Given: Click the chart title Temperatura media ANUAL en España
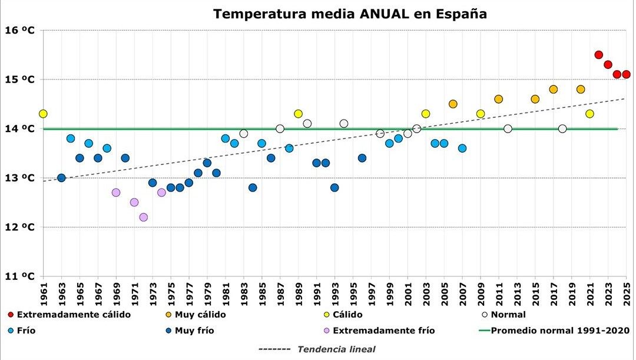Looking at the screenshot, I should coord(350,14).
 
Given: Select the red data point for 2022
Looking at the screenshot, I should coord(599,55).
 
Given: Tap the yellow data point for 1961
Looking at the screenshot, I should coord(43,114).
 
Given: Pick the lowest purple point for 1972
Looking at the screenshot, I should coord(144,217).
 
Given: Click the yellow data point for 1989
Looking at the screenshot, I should coord(298,114).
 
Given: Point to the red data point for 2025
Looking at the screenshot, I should coord(627,74).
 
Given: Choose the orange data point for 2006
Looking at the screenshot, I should coord(453,104).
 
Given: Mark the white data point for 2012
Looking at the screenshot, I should coord(508,128).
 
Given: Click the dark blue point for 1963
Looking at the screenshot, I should coord(61,178).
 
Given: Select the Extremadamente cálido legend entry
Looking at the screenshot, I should coord(74,315).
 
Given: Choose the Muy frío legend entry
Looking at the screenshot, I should coord(194,331).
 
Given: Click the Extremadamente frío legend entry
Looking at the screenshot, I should coord(383,331).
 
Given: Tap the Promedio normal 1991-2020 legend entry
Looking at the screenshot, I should coord(560,331).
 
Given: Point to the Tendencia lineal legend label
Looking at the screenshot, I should coord(336,349).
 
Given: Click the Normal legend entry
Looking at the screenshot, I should coord(507,315).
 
